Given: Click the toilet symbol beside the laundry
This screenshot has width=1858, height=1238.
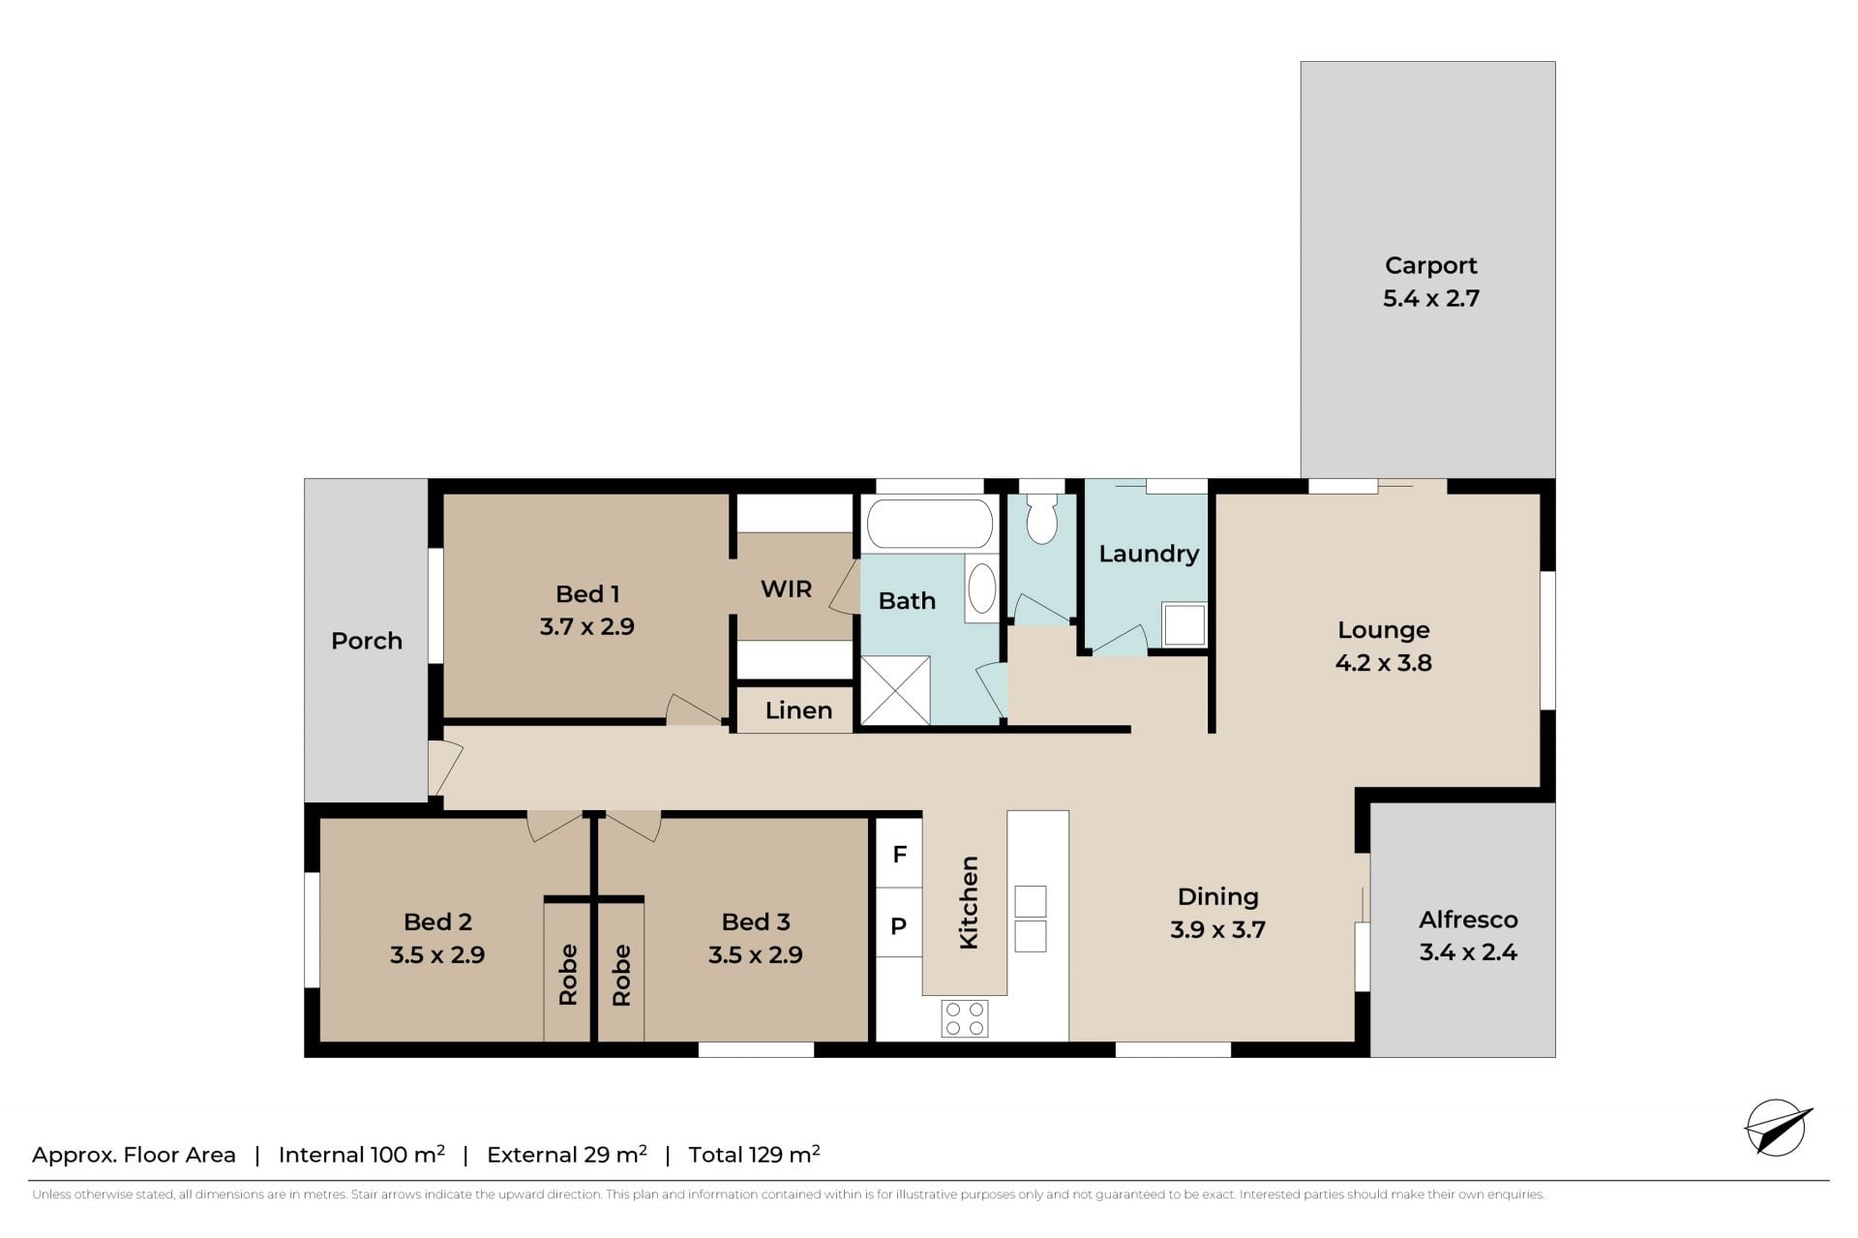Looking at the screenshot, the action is pos(1041,519).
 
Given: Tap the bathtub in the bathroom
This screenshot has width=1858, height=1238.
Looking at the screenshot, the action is pos(930,524).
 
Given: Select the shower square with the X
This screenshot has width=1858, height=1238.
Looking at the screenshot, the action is pos(895,690).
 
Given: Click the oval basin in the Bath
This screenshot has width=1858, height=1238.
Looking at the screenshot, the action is pos(981,588).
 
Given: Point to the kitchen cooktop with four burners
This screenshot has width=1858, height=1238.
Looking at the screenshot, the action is pos(965,1018).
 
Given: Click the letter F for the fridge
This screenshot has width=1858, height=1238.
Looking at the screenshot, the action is pos(900,854).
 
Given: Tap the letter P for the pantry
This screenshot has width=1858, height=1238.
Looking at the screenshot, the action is pos(899,926).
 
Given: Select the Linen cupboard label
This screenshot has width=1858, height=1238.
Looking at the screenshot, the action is pos(798,710).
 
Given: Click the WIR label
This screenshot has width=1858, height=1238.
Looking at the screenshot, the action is pos(786,589).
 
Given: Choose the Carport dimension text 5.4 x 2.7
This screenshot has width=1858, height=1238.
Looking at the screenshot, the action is pos(1431,298).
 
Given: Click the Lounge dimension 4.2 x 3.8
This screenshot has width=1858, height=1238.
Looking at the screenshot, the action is pos(1384,663).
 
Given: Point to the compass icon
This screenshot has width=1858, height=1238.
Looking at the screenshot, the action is pos(1778,1128).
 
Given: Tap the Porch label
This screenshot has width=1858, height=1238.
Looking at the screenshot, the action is pos(367,641).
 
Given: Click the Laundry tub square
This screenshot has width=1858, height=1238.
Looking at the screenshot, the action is pos(1184,624).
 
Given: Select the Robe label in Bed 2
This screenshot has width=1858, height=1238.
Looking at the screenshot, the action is pos(568,975).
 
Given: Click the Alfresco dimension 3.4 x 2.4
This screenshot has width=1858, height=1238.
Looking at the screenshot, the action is pos(1468,952).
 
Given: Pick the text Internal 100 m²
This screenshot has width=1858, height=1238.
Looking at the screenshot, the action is pos(362,1154).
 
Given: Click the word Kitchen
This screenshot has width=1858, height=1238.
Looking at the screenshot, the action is pos(968,902).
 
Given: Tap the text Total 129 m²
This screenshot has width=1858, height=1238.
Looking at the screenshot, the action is pos(755,1154).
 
